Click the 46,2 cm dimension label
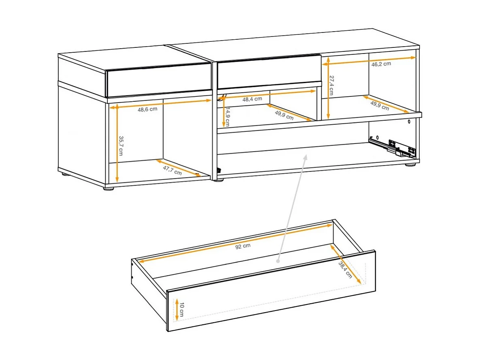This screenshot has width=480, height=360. pyautogui.click(x=381, y=64)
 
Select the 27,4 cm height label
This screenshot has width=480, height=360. pyautogui.click(x=331, y=86)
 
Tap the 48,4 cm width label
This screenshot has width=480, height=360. pyautogui.click(x=252, y=99)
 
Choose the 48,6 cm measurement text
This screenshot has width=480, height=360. pyautogui.click(x=147, y=109)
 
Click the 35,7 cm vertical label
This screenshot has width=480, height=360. pyautogui.click(x=121, y=146)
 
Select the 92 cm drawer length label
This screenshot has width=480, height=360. pyautogui.click(x=242, y=246)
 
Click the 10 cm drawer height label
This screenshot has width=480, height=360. pyautogui.click(x=182, y=309)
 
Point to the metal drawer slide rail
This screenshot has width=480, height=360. pyautogui.click(x=392, y=147)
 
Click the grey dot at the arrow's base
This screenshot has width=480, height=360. pyautogui.click(x=279, y=261)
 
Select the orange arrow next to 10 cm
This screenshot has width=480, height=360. pyautogui.click(x=177, y=309)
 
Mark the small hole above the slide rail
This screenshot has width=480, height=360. pyautogui.click(x=409, y=121)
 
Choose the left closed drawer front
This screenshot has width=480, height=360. pyautogui.click(x=158, y=79)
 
